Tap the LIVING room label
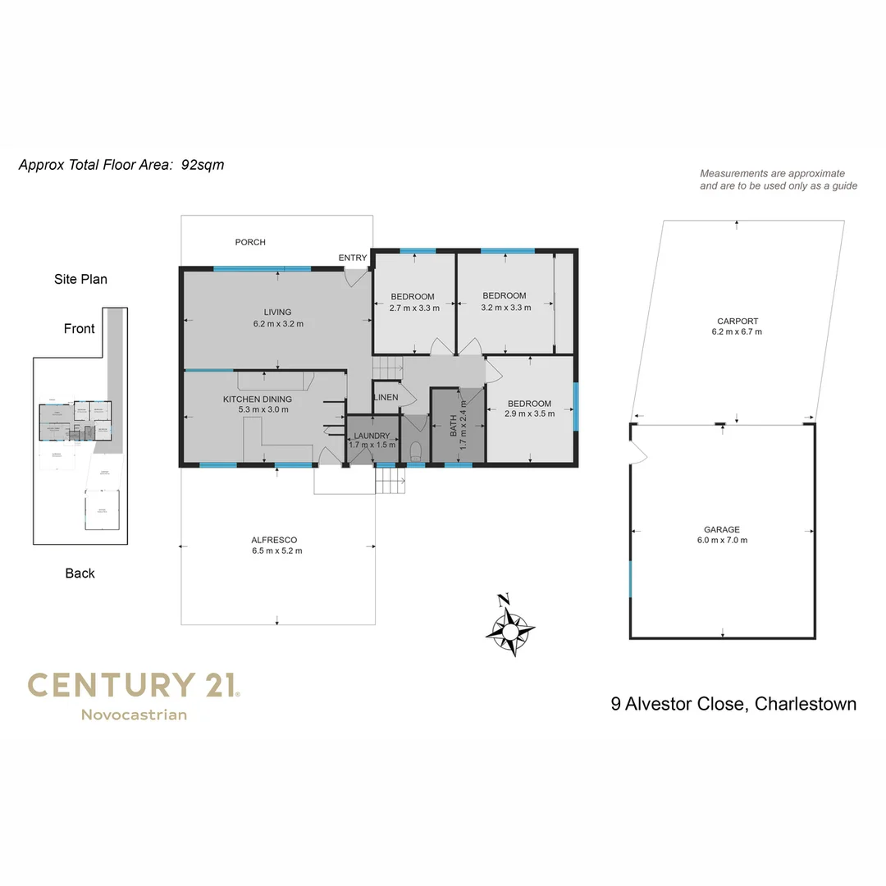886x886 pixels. pyautogui.click(x=277, y=312)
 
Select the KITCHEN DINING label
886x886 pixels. pyautogui.click(x=258, y=399)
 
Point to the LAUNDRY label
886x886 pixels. pyautogui.click(x=372, y=436)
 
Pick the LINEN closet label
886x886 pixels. pyautogui.click(x=386, y=397)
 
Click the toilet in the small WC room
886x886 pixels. pyautogui.click(x=415, y=450)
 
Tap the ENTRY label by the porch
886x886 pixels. pyautogui.click(x=353, y=258)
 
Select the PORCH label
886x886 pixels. pyautogui.click(x=250, y=242)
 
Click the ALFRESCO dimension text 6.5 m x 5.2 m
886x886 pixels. pyautogui.click(x=277, y=550)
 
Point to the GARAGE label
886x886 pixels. pyautogui.click(x=722, y=530)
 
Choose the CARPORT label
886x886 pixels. pyautogui.click(x=737, y=322)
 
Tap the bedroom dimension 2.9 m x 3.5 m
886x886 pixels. pyautogui.click(x=530, y=413)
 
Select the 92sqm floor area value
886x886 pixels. pyautogui.click(x=203, y=165)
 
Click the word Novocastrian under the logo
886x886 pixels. pyautogui.click(x=134, y=715)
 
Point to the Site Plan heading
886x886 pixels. pyautogui.click(x=80, y=279)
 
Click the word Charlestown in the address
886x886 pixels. pyautogui.click(x=806, y=704)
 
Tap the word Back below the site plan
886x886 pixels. pyautogui.click(x=80, y=573)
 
